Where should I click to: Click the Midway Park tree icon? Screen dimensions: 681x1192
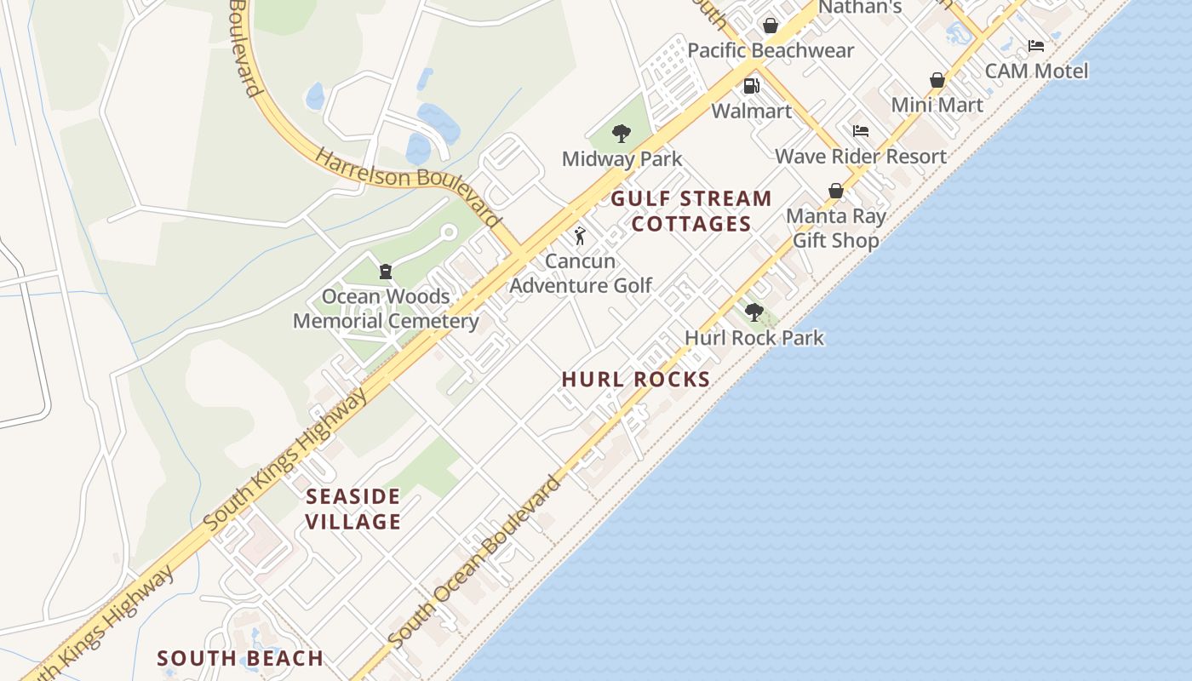click(622, 133)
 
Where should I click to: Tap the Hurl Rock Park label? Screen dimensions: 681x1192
click(754, 338)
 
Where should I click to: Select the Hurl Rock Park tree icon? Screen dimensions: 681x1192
click(754, 312)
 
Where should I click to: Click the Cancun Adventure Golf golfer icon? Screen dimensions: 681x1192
click(580, 236)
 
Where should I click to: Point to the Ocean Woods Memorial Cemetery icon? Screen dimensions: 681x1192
click(385, 272)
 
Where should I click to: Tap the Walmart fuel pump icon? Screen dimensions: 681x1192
click(752, 85)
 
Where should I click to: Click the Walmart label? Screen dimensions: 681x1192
click(752, 112)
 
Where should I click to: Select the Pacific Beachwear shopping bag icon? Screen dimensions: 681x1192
click(771, 26)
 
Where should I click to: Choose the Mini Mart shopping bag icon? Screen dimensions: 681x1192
click(937, 80)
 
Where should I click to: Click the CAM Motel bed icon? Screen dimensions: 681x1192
click(1035, 46)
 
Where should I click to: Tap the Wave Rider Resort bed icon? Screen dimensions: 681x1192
click(861, 131)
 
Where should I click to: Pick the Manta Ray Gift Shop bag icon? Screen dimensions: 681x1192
click(836, 191)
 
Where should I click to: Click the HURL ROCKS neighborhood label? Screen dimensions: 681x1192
click(636, 380)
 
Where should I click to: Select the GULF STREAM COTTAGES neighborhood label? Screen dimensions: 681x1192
click(691, 211)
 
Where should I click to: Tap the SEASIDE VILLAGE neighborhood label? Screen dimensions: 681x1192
click(352, 508)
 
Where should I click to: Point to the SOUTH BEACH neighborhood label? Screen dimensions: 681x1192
click(240, 658)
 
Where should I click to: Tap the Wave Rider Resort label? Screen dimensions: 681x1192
click(861, 157)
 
